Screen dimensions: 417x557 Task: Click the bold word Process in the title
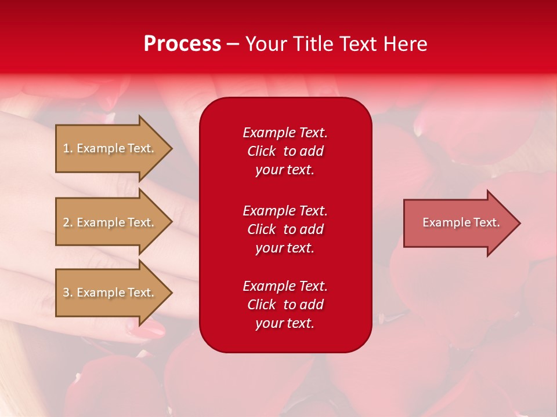[x=182, y=44]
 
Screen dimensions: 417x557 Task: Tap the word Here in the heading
[x=404, y=44]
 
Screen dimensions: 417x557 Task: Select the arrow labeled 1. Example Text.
[x=110, y=148]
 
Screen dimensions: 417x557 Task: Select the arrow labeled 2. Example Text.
[x=110, y=222]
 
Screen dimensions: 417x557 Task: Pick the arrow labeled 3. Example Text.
[x=110, y=292]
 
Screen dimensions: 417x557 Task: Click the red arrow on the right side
[x=458, y=223]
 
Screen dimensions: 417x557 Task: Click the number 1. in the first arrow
[x=68, y=148]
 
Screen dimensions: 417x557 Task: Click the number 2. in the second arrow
[x=68, y=222]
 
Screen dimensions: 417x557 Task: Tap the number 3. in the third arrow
[x=68, y=292]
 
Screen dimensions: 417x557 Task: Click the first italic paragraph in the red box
[x=285, y=151]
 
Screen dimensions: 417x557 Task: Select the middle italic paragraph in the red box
[x=285, y=229]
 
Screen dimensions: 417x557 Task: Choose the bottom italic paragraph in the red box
[x=285, y=305]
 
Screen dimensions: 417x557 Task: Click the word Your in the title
[x=267, y=44]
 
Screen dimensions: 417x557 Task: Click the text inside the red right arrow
[x=461, y=222]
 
